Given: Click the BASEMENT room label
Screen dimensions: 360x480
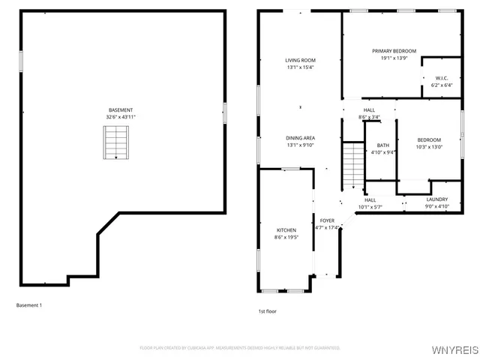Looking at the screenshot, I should point(121,109).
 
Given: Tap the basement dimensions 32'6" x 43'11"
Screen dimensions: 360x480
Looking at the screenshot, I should point(121,117).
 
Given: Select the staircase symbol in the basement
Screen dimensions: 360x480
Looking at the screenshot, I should point(115,142).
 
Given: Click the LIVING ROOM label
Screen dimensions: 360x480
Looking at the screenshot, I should point(300,60).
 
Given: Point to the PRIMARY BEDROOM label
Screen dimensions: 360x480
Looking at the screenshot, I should point(394,51).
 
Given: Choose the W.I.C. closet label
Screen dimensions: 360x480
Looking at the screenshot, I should point(441,78).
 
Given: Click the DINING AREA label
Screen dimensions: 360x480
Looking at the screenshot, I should point(300,138).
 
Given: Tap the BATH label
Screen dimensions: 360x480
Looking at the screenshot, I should point(383,145).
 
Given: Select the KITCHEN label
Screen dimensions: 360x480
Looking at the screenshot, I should point(286,230).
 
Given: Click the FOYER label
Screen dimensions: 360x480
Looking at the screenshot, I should point(327,220).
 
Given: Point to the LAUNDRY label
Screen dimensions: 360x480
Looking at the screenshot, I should point(437,199).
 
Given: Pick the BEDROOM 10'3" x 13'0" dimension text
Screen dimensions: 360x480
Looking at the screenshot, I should point(429,147).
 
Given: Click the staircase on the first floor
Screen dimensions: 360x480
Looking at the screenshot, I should point(352,166).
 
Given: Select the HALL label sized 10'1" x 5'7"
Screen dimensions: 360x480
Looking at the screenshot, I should point(370,199).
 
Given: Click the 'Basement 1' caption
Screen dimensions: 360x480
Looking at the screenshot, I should point(29,305).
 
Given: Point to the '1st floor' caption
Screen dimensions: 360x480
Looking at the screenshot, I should point(268,310).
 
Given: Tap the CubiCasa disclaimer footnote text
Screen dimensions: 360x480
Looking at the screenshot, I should point(240,348).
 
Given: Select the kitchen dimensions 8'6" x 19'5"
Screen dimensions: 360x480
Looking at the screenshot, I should point(286,237).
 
